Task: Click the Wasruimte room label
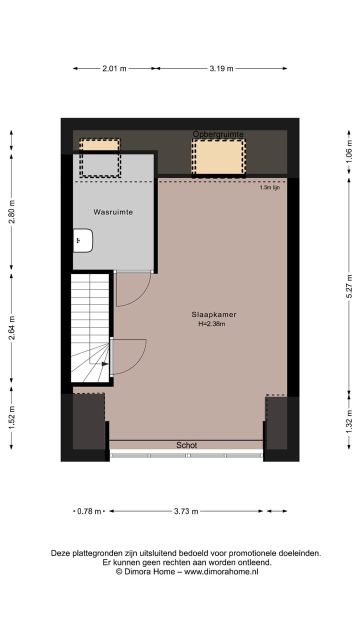(x=113, y=212)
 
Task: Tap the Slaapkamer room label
(x=213, y=314)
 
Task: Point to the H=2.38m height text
(x=211, y=324)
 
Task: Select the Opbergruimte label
(x=218, y=134)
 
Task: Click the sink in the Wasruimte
(x=83, y=240)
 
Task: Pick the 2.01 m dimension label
(x=114, y=69)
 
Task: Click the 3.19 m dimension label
(x=221, y=69)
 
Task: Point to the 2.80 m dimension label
(x=12, y=211)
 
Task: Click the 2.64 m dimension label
(x=12, y=328)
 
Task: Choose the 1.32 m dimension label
(x=349, y=420)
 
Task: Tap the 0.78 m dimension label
(x=89, y=511)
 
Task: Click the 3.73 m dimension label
(x=186, y=511)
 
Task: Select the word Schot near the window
(x=186, y=445)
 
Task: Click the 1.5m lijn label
(x=269, y=188)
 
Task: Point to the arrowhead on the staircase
(x=105, y=364)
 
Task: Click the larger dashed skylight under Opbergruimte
(x=218, y=157)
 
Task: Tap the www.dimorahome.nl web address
(x=221, y=571)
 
